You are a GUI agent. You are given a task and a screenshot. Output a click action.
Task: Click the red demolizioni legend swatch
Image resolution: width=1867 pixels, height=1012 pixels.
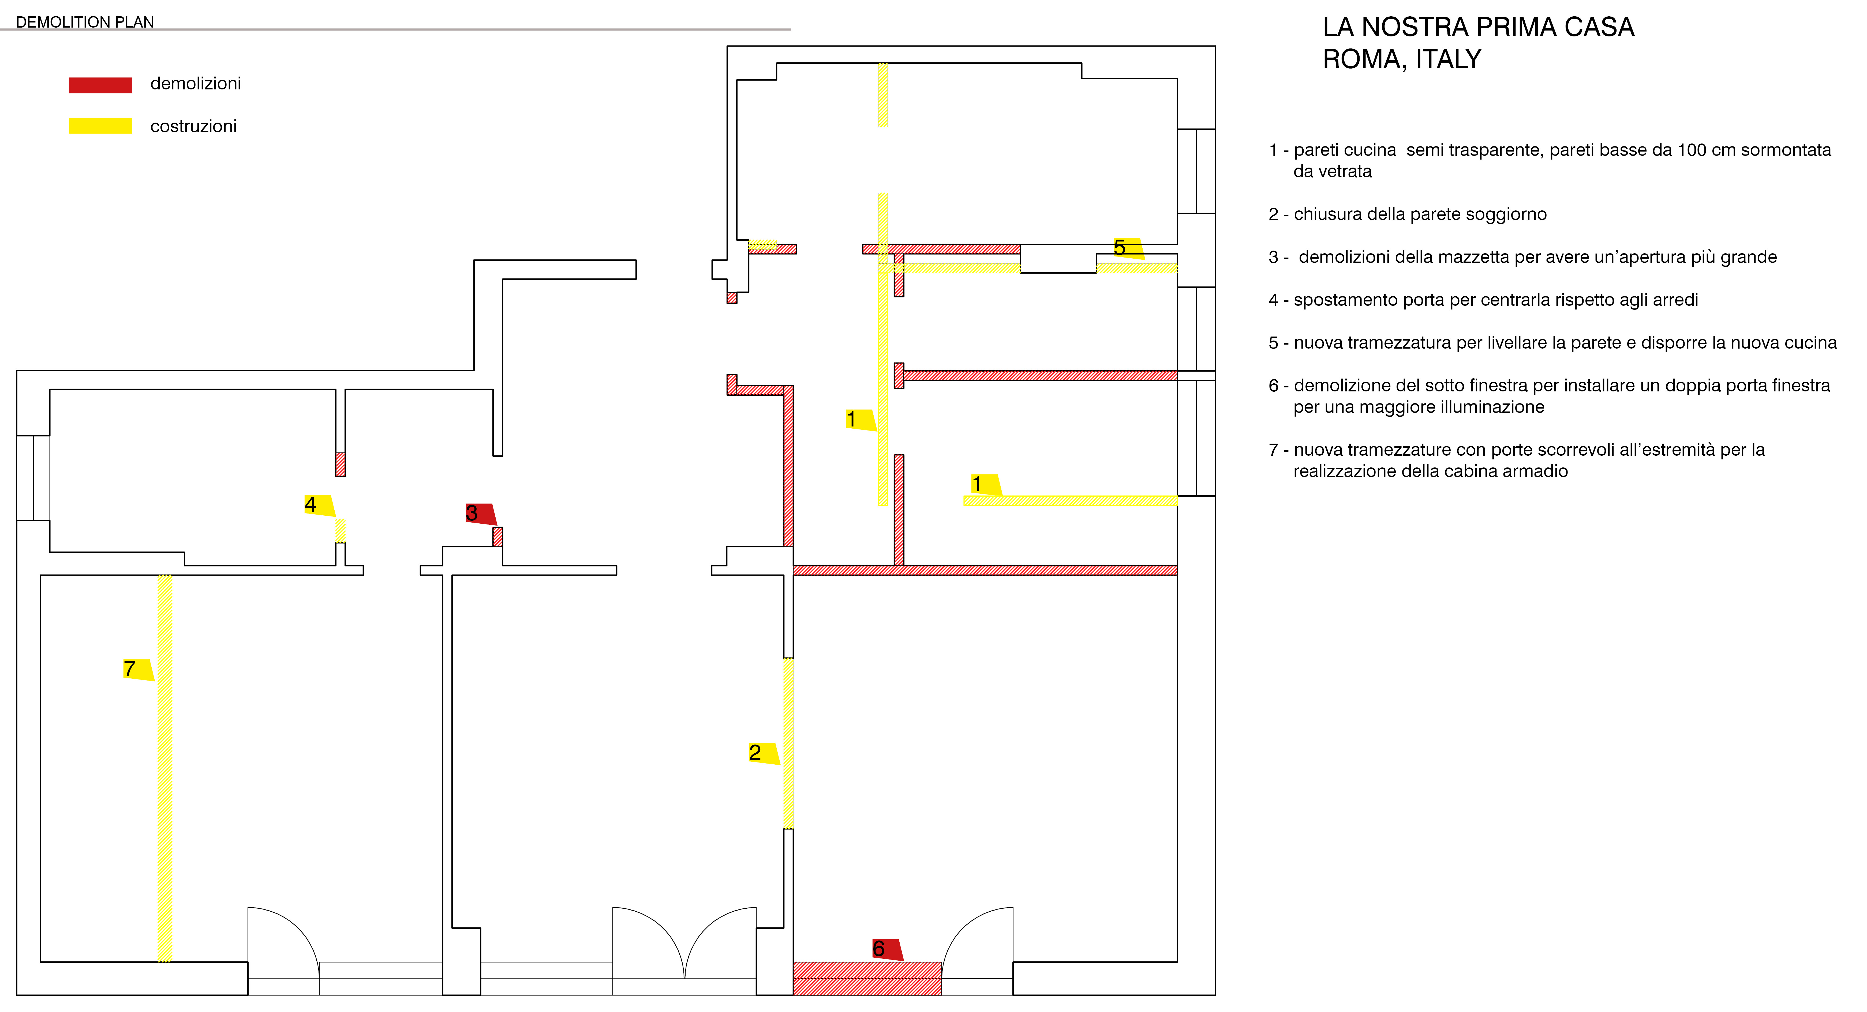100,85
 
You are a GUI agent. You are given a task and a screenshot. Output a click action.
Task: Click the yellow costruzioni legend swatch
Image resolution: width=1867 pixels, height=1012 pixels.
100,125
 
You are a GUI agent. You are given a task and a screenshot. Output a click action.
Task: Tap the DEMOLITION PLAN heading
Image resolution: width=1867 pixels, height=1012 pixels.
85,22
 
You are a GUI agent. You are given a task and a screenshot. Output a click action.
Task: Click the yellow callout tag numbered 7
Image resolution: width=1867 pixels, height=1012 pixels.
138,669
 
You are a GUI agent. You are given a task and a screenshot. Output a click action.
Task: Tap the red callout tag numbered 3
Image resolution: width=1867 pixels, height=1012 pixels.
481,513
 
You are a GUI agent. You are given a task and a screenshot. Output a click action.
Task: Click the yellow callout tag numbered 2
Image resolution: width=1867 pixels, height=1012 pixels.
764,753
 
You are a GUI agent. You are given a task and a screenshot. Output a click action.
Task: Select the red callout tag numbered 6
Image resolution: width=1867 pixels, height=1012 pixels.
887,950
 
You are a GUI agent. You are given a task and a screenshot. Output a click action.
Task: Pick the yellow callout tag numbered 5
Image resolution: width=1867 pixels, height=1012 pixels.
1128,248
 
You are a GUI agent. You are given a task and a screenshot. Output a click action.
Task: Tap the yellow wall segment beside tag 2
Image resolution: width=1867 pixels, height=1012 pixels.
788,743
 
